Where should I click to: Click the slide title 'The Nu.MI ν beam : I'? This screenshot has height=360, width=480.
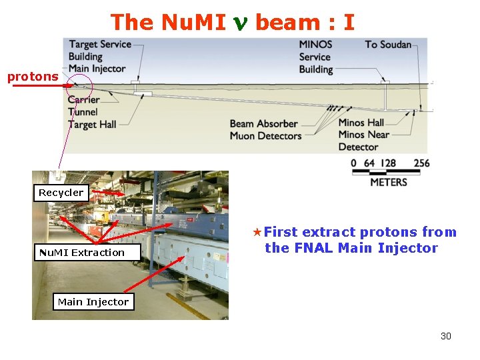pos(232,22)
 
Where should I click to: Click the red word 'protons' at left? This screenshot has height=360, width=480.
pos(33,77)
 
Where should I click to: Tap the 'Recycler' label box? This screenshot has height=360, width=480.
pos(61,193)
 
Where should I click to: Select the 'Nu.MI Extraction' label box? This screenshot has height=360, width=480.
pos(81,253)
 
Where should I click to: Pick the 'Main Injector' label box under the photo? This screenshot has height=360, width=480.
pos(93,302)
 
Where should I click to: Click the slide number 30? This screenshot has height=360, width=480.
pos(445,336)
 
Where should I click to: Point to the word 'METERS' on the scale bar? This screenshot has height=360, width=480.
pos(388,181)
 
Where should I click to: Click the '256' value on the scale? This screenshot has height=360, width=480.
pos(421,163)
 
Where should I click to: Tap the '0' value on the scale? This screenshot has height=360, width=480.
pos(353,163)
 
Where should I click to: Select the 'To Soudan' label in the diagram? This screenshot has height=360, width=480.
pos(387,45)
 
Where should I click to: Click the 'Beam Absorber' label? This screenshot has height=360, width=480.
pos(263,123)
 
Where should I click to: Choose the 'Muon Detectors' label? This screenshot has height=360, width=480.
pos(265,136)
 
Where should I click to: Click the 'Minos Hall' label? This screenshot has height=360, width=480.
pos(361,123)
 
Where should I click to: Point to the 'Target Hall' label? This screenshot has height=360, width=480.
pos(92,124)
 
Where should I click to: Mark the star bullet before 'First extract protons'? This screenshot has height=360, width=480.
pos(257,233)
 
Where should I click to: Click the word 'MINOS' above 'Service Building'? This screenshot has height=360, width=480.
pos(315,45)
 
